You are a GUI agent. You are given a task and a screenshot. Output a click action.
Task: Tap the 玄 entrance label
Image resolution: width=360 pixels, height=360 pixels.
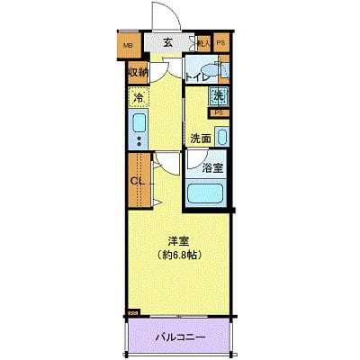coord(167,42)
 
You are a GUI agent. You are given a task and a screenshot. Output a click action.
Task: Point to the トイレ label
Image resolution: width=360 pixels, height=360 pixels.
coord(197,77)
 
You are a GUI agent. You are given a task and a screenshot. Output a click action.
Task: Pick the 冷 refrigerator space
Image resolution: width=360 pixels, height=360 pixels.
coord(139,97)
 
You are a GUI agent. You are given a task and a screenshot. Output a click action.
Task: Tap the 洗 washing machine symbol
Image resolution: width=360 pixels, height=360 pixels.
coord(220,97)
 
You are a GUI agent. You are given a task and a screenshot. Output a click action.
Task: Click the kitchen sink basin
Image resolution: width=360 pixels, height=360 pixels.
coord(139,123)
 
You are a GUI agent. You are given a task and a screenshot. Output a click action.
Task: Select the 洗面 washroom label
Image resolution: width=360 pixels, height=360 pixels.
coord(200,139)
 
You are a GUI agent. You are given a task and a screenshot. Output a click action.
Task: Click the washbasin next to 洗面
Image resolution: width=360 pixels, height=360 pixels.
coord(223,137)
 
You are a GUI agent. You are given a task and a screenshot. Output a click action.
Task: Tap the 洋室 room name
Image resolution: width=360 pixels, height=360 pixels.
coord(178,240)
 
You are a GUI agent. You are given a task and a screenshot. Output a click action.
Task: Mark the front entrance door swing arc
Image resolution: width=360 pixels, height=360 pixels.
coord(162,14)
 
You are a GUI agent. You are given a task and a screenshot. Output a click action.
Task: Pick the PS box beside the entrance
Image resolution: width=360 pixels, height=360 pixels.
coord(220,42)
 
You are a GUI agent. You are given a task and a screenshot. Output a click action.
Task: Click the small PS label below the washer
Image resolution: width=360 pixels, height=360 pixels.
coord(218,112)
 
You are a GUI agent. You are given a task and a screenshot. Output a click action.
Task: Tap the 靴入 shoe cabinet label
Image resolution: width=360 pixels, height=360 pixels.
coord(203,42)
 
